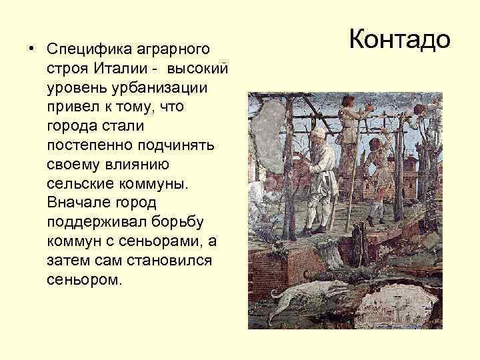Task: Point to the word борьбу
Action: (185, 220)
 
